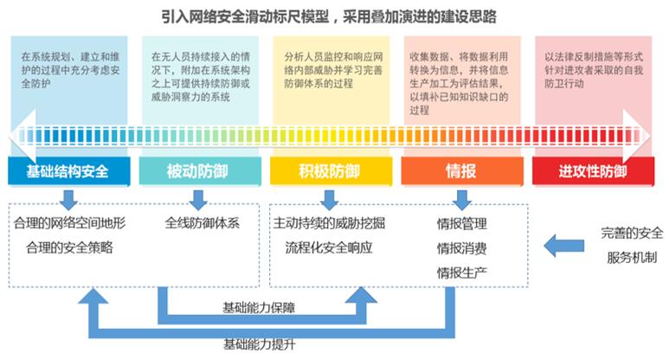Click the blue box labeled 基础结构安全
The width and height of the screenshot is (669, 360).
(x=68, y=171)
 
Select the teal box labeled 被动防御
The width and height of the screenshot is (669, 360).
(x=200, y=171)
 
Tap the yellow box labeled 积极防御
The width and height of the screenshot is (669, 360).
(x=331, y=171)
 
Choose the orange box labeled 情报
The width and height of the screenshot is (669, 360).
(x=462, y=171)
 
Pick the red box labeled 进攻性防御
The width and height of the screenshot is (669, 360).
(x=593, y=171)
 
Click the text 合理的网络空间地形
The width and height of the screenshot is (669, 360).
(x=69, y=222)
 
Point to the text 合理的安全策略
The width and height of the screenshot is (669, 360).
(x=69, y=247)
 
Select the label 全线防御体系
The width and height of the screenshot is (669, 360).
(x=203, y=222)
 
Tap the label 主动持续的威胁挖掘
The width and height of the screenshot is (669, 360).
(x=329, y=222)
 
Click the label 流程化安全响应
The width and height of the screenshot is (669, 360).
(x=329, y=247)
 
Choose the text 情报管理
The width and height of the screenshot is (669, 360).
(x=461, y=223)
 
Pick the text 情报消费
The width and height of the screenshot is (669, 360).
(x=461, y=248)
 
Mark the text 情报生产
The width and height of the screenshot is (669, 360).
(x=461, y=273)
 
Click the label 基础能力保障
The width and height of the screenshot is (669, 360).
(x=259, y=307)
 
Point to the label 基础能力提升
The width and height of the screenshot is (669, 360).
(x=260, y=344)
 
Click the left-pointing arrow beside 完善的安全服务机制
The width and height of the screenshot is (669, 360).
(x=564, y=245)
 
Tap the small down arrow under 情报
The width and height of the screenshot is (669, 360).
(x=462, y=200)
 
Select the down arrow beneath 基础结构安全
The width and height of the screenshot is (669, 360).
(x=68, y=200)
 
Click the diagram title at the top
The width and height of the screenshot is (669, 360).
(x=329, y=16)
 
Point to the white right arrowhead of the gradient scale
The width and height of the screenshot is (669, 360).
(x=636, y=136)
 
